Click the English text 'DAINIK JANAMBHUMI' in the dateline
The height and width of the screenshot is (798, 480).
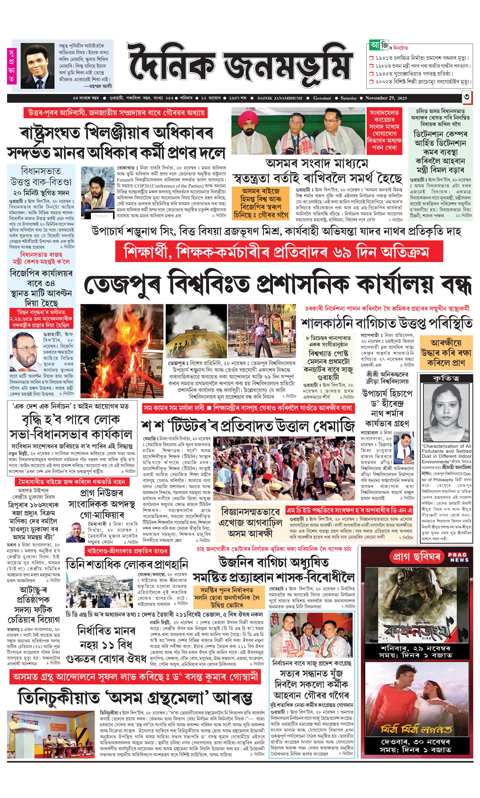(280, 98)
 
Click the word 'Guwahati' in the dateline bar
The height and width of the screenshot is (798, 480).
(322, 98)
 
